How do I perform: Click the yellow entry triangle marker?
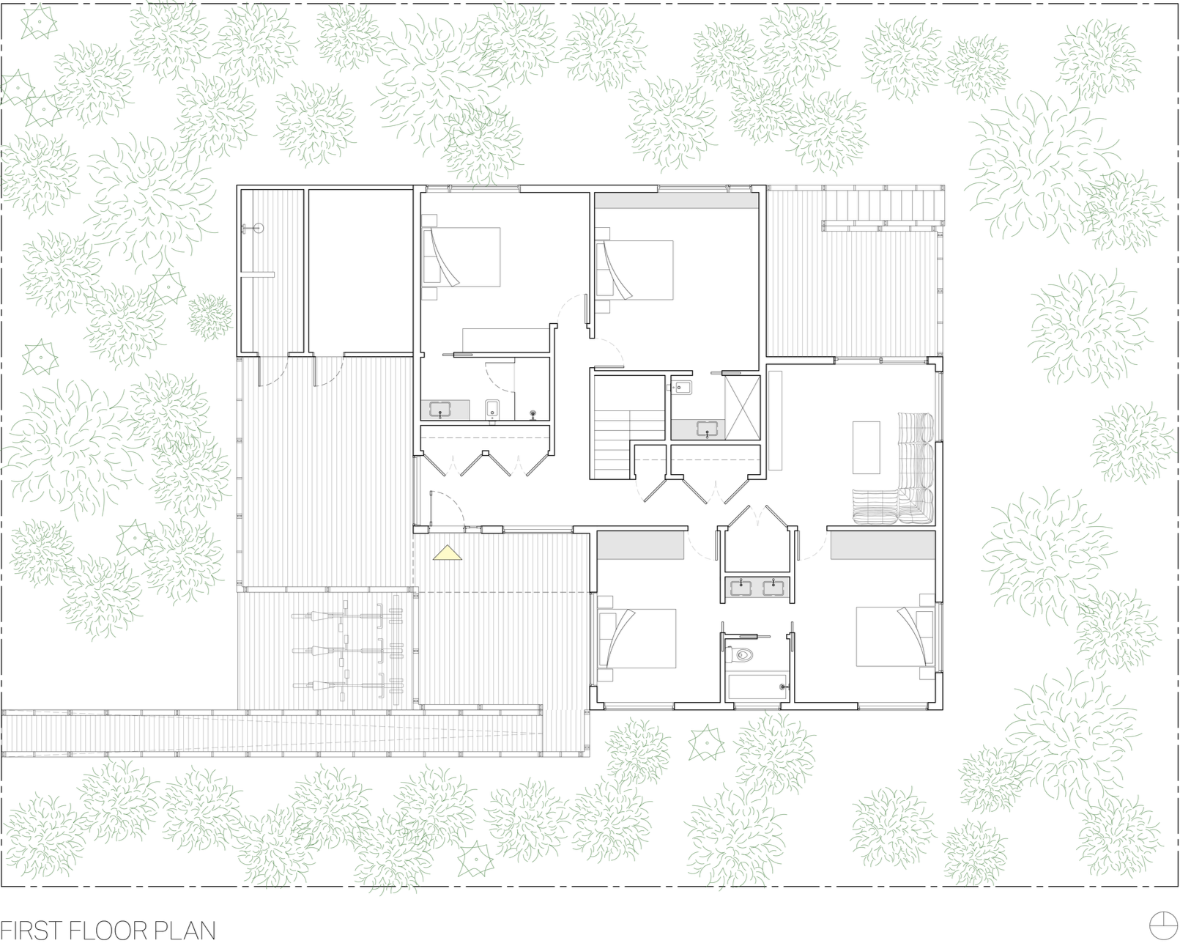point(448,553)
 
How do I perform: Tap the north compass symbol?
point(1164,925)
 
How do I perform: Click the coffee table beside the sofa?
point(867,447)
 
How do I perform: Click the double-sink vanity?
point(757,588)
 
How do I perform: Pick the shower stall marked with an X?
point(743,407)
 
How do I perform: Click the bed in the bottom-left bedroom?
point(637,638)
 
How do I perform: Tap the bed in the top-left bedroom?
point(461,256)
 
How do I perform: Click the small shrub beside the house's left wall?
point(209,317)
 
